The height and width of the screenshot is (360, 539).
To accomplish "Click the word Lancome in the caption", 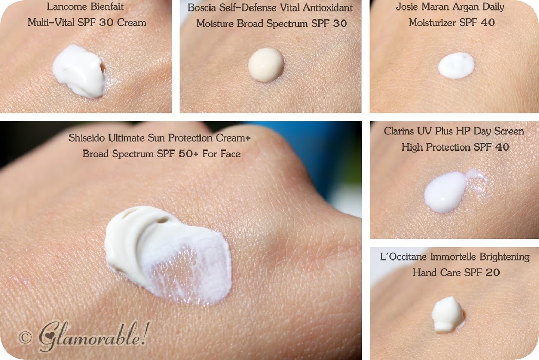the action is point(64,6).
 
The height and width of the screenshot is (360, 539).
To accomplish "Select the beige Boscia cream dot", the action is point(266,65).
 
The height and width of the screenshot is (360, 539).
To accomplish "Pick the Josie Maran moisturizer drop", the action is point(456,65).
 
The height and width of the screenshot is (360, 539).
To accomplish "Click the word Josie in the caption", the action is point(406,7).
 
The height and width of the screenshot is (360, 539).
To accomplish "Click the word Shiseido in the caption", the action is point(87,138).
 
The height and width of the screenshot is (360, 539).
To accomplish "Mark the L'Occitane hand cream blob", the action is point(448,314).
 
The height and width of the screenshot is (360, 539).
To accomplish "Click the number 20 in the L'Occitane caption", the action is point(492,273).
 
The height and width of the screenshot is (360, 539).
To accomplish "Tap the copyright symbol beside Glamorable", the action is point(25,337).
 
